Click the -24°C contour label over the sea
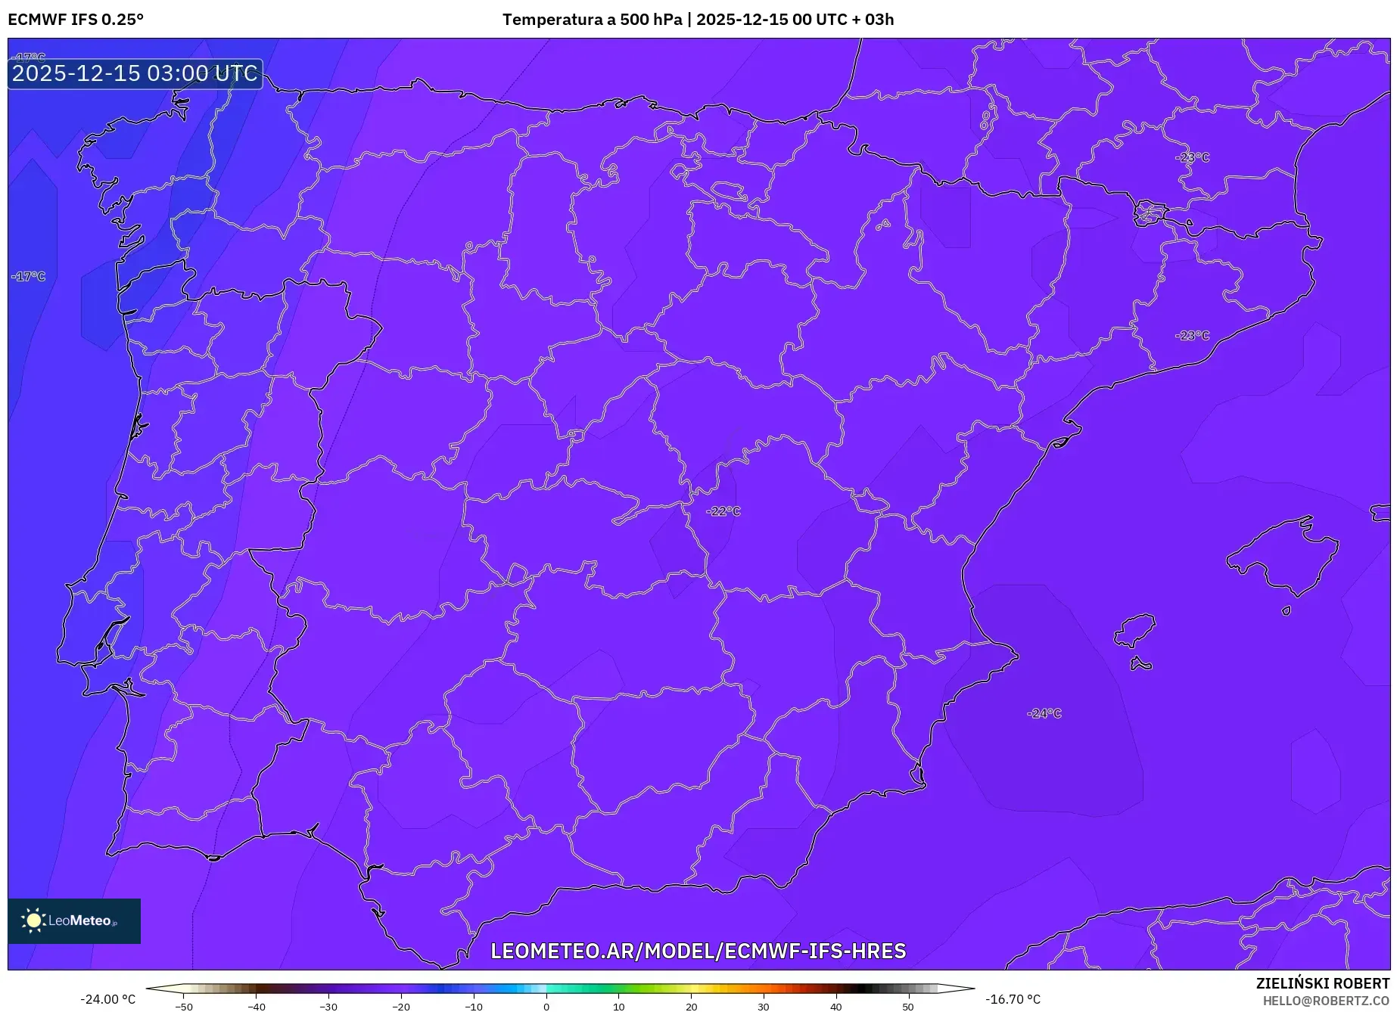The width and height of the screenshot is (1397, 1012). coord(1044,713)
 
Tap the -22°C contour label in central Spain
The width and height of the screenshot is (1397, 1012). coord(723,511)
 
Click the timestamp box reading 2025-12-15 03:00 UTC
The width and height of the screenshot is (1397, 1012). coord(135,73)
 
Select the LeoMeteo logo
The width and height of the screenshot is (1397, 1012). coord(74,920)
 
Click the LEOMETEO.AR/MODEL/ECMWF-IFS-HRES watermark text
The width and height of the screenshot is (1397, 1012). coord(698,951)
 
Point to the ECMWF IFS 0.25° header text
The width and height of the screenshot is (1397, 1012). coord(75,19)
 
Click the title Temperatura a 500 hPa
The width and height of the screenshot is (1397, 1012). coord(592,19)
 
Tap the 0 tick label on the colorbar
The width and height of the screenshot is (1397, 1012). coord(546,1007)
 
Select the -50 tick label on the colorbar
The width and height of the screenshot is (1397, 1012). coord(183,1007)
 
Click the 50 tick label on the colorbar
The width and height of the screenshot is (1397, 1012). coord(908,1007)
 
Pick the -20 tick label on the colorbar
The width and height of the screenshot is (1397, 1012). coord(401,1007)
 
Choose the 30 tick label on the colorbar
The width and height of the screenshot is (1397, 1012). coord(763,1007)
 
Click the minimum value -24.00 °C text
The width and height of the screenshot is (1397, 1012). coord(107,999)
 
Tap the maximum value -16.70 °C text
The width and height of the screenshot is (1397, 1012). coord(1013,999)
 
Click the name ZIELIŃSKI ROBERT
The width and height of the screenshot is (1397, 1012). coord(1323,983)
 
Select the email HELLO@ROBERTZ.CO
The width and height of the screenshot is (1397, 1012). coord(1326,1001)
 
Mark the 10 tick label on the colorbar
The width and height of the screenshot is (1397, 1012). coord(618,1007)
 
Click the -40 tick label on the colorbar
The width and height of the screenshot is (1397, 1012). coord(256,1007)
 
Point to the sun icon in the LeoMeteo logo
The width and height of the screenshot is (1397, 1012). coord(33,920)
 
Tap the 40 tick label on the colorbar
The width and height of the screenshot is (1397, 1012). coord(835,1007)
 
